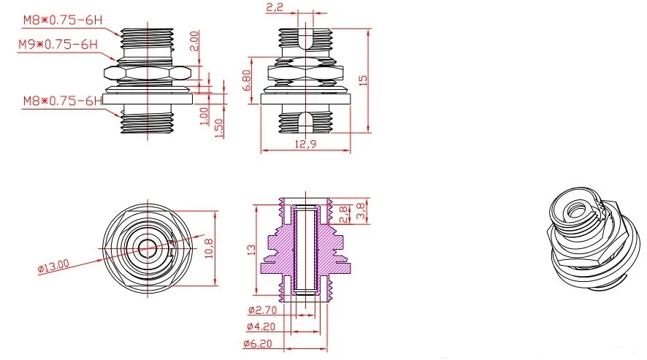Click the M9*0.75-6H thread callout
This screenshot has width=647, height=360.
(58, 45)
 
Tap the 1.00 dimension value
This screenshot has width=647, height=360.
(204, 115)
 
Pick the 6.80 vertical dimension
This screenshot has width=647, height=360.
(248, 80)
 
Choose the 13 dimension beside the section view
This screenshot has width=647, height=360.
(251, 249)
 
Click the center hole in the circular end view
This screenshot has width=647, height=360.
(147, 247)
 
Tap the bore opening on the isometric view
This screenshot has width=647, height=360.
(578, 210)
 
